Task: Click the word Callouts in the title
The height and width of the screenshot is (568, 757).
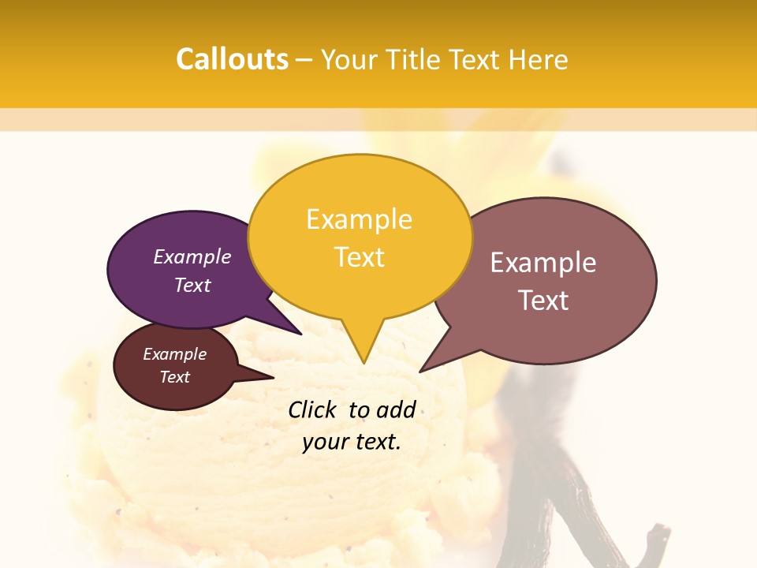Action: [232, 59]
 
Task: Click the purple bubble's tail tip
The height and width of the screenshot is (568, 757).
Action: [300, 334]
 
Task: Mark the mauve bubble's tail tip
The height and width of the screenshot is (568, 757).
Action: [420, 371]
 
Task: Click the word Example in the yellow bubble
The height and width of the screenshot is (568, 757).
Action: [359, 219]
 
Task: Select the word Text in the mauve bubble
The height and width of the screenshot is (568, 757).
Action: [543, 301]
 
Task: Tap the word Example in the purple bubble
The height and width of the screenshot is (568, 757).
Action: [192, 256]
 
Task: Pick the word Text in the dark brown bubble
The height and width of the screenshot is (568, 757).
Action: [175, 377]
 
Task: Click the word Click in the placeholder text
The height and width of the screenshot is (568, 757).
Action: [312, 409]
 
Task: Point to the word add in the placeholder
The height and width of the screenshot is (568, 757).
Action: [396, 409]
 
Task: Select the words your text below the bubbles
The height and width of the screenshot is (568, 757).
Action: [352, 442]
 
